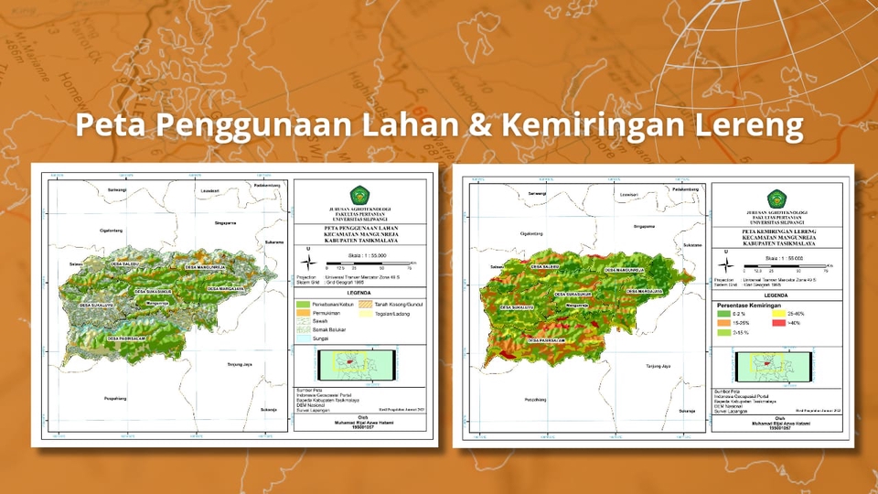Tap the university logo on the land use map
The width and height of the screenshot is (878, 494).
click(x=359, y=195)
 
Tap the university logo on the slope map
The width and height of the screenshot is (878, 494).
click(x=778, y=198)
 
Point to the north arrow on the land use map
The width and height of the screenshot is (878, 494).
click(x=308, y=262)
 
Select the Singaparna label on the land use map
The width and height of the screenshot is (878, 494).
click(x=225, y=221)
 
